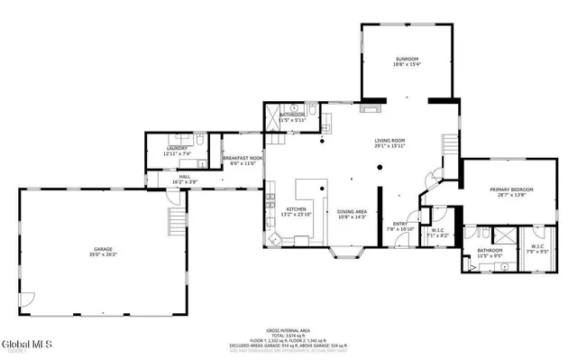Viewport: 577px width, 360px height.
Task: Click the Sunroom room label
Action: (407, 59)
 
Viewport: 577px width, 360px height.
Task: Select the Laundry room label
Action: (178, 149)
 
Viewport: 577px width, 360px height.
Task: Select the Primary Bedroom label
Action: (512, 189)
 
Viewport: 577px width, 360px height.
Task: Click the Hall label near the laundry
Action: (184, 177)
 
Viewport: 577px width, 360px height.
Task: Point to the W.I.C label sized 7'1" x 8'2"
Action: (438, 230)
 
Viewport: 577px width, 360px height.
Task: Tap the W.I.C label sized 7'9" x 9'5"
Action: (538, 245)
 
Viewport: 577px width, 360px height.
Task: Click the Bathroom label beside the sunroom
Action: (291, 115)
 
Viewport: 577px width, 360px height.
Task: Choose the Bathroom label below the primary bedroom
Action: (490, 250)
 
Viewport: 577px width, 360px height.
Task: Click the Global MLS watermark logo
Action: (27, 344)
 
